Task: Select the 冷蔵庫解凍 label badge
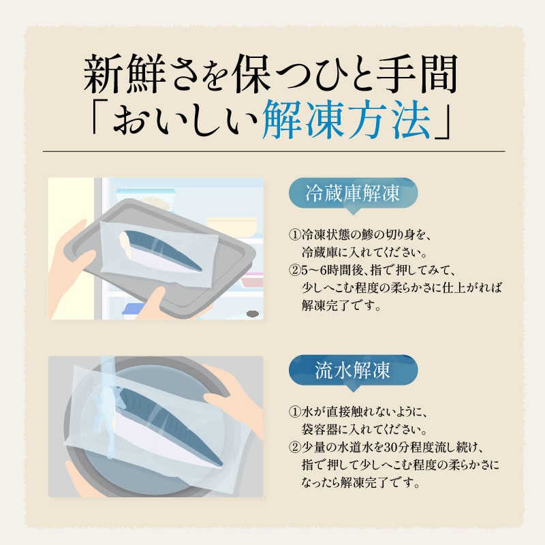353,194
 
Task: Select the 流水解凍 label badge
353,371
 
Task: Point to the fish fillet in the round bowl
167,424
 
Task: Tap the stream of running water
108,407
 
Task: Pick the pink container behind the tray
252,280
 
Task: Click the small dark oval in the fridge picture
253,314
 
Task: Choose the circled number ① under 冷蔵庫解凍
295,235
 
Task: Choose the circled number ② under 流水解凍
295,448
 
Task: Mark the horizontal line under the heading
274,151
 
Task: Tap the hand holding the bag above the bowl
234,397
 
